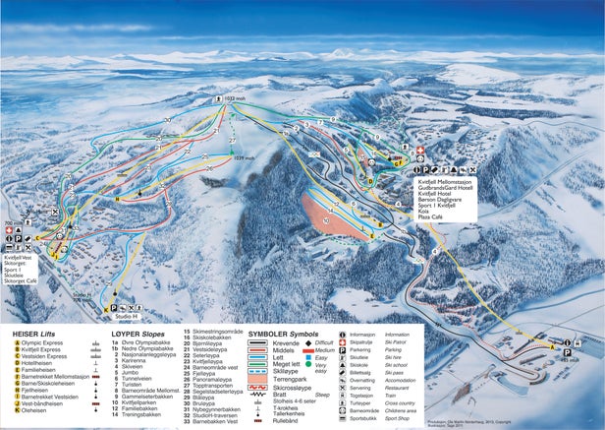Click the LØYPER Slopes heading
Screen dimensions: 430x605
(x=139, y=333)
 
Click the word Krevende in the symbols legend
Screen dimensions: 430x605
(x=286, y=341)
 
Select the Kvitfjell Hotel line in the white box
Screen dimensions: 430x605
(x=439, y=193)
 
